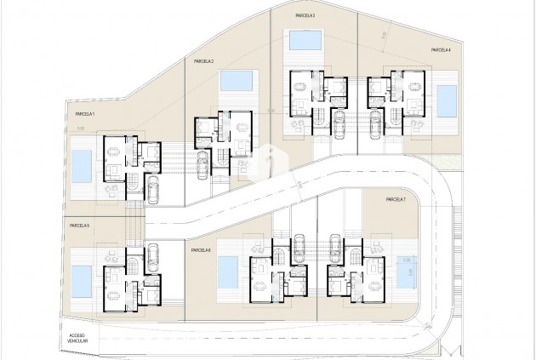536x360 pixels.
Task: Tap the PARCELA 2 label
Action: (x=203, y=61)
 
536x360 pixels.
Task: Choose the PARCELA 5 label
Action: (x=80, y=226)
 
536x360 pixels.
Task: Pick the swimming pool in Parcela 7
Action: (x=403, y=271)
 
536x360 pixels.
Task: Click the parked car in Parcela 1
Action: (x=154, y=190)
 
